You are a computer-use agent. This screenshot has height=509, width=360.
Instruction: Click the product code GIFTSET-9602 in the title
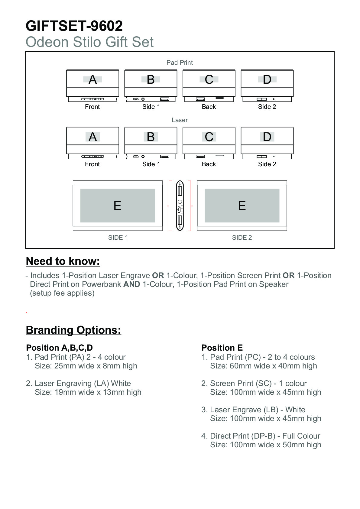[74, 26]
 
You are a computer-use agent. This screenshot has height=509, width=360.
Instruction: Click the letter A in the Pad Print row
[92, 79]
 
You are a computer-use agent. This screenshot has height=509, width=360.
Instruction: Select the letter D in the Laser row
[267, 137]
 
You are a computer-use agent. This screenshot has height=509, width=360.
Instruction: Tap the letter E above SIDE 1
[117, 206]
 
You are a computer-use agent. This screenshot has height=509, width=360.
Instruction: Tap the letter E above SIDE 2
[242, 206]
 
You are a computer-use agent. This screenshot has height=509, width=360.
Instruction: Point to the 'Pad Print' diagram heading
[180, 63]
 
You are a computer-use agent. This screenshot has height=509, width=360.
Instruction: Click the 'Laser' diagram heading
[180, 120]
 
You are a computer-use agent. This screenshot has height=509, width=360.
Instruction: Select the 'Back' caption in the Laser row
[209, 164]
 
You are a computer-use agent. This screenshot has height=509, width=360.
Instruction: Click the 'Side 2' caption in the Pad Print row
[267, 107]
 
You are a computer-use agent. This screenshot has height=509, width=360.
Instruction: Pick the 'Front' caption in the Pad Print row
[92, 107]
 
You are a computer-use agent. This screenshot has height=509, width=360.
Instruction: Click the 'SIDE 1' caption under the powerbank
[118, 238]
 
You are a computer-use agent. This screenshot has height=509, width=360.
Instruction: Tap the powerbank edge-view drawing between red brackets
[180, 206]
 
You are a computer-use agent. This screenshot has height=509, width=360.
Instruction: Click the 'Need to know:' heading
[63, 261]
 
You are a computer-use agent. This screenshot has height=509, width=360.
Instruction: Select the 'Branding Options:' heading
[73, 330]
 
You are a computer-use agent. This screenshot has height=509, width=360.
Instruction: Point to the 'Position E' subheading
[222, 348]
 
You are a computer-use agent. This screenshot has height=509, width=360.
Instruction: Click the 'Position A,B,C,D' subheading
[59, 348]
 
